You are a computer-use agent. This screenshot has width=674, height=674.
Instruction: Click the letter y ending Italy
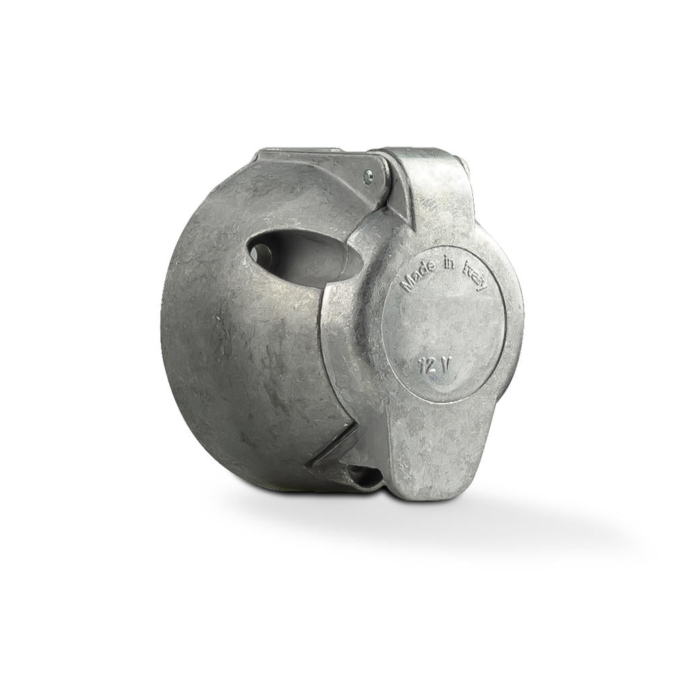[484, 286]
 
